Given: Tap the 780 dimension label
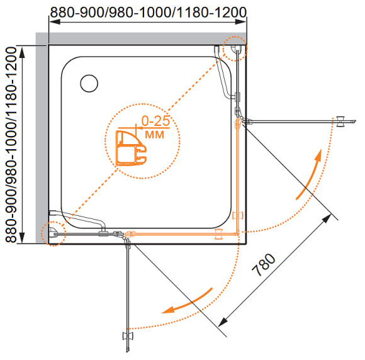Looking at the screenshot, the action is [264, 265].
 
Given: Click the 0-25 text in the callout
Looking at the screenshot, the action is [155, 121].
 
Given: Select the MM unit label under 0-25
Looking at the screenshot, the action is [154, 135].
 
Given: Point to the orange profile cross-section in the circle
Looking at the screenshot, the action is [131, 149].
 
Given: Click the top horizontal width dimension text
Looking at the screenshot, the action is [149, 12].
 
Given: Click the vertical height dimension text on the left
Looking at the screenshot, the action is [11, 145].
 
